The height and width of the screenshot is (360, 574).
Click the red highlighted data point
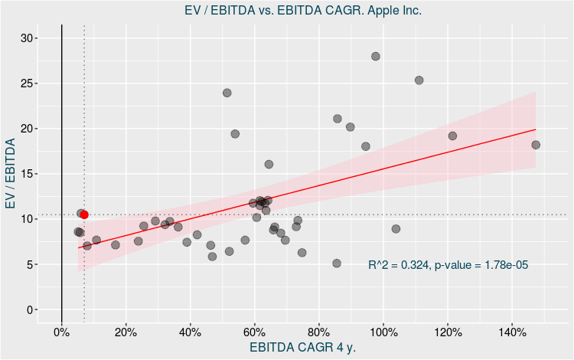84,215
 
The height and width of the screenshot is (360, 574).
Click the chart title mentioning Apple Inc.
304,11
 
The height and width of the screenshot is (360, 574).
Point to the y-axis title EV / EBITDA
11,174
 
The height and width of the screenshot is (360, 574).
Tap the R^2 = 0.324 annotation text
448,265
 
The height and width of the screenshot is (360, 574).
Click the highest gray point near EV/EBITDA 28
376,56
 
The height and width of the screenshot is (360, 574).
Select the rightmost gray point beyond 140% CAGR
536,145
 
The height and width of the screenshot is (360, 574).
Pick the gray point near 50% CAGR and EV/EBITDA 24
227,93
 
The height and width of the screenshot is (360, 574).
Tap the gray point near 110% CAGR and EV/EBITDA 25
419,80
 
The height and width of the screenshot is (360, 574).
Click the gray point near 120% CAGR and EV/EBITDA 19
452,136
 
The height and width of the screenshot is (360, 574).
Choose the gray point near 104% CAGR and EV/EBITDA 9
396,228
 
